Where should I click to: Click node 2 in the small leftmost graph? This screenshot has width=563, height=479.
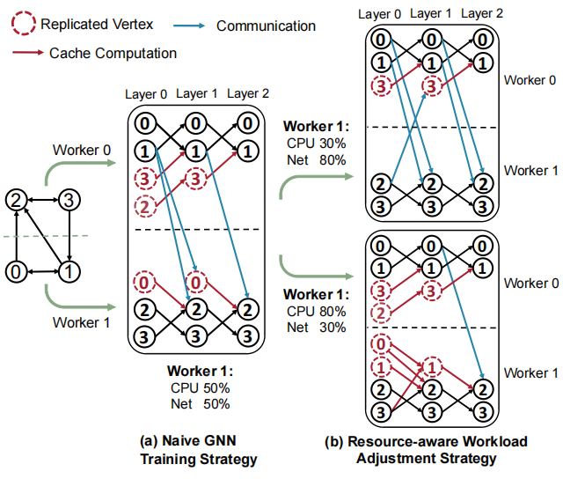pos(17,201)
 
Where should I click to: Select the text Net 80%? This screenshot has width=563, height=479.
pos(316,160)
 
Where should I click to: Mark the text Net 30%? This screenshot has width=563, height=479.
pos(316,326)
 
